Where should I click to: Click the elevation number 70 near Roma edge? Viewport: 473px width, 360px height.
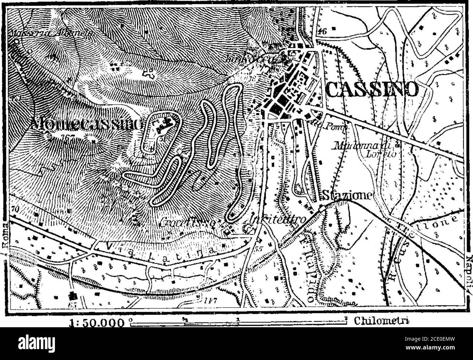click(15, 210)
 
